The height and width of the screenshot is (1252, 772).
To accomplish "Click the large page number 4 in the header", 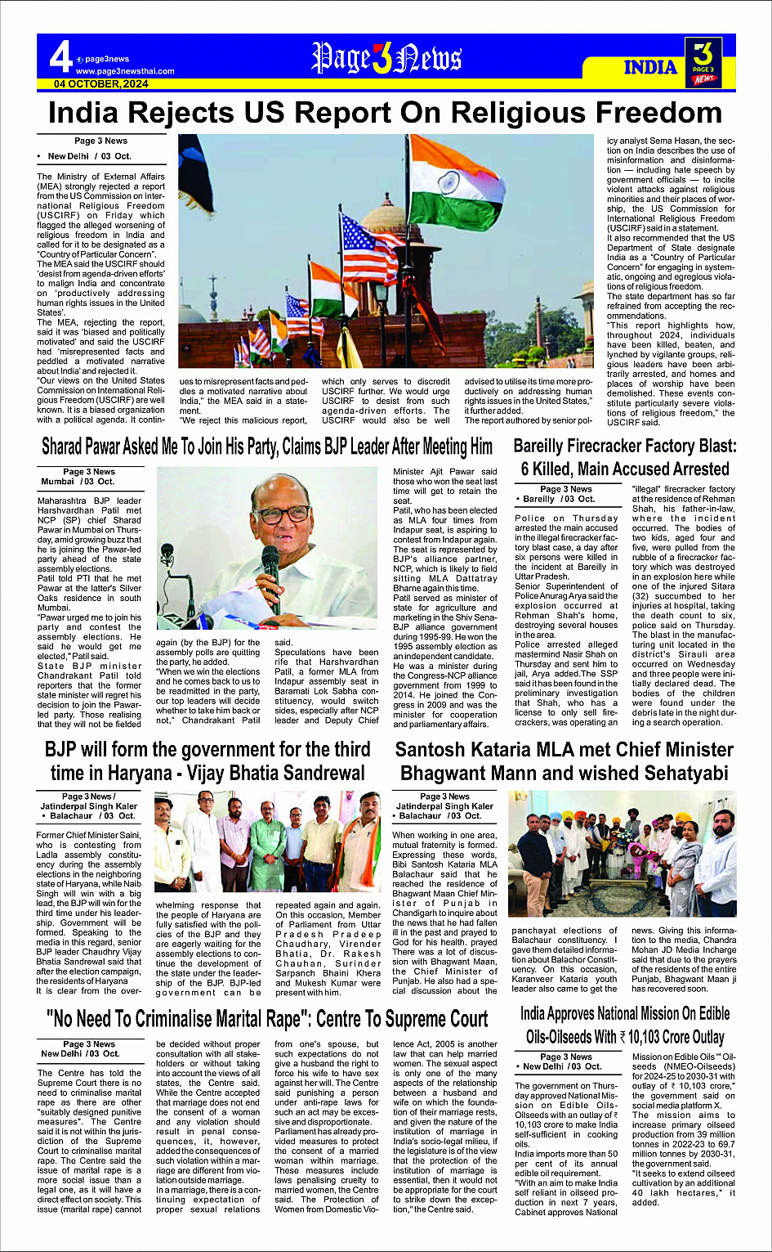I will point(60,58).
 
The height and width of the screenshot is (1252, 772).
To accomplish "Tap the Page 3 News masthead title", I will point(386,59).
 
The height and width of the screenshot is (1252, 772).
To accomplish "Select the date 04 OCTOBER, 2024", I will point(101,84).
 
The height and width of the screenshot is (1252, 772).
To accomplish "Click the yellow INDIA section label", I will point(651,67).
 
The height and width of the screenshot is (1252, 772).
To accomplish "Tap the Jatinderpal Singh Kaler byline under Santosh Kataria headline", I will point(444,806).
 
